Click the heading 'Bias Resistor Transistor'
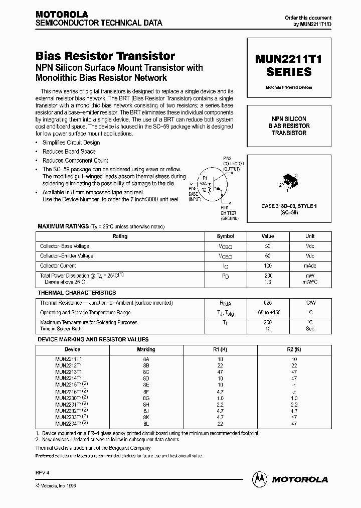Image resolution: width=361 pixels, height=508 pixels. tap(105, 56)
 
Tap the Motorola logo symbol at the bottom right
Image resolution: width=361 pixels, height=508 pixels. tap(260, 479)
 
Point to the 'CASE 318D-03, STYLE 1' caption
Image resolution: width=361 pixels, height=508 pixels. tap(289, 206)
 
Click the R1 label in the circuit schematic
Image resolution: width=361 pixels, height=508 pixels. tap(204, 177)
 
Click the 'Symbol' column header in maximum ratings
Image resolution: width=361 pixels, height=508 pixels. tap(225, 236)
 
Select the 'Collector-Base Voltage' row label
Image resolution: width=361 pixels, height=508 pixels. tap(64, 246)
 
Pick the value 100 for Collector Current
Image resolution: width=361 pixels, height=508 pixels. tap(268, 266)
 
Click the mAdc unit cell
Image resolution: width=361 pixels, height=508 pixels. tap(310, 266)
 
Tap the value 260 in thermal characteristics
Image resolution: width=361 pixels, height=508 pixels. tap(268, 322)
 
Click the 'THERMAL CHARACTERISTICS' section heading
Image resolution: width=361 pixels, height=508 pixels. tap(77, 293)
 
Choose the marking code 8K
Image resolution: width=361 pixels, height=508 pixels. tap(146, 417)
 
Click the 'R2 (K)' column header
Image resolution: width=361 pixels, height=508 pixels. tap(294, 349)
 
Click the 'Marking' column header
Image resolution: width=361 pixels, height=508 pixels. tap(146, 349)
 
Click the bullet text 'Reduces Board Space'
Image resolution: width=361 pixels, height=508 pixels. tap(69, 152)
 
